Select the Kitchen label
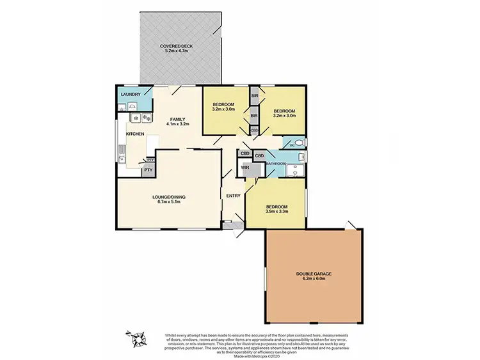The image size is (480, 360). pos(134,134)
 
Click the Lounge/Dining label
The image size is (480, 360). pos(168,198)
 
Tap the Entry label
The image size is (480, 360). pos(232,197)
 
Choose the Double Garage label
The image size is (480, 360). pos(314,274)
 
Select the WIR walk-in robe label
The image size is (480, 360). pos(245,168)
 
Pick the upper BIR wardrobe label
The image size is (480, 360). pos(254,96)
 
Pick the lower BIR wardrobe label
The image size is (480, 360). pos(254,116)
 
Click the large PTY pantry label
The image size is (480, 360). pos(148,170)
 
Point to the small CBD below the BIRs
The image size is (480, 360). pos(254,130)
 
